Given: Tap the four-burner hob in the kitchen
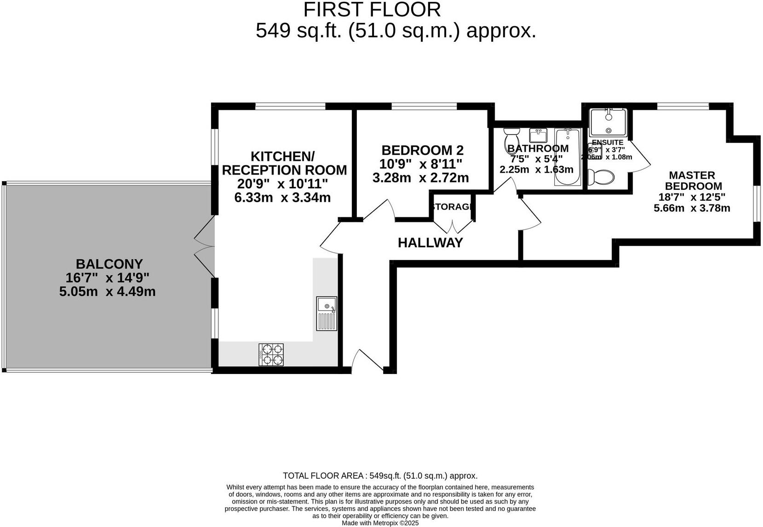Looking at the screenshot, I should [x=271, y=355].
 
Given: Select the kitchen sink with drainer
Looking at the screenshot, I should [x=327, y=313].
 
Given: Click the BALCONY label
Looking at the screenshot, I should [x=109, y=264].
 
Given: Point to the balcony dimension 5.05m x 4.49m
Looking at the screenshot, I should [x=107, y=292].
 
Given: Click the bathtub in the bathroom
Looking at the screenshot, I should [x=568, y=157].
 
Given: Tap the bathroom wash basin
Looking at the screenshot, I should [x=538, y=136].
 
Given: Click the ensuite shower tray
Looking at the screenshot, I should [x=608, y=123].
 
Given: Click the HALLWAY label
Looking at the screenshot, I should [x=430, y=243].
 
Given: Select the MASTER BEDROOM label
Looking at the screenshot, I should [x=693, y=181].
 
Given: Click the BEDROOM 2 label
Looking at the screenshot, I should [x=422, y=150].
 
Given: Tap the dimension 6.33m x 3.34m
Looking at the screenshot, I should [x=282, y=198].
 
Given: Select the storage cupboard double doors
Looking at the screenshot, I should [x=453, y=227].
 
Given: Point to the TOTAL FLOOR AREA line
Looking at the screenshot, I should [x=380, y=476].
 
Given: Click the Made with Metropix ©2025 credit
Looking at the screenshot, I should [x=380, y=523].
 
